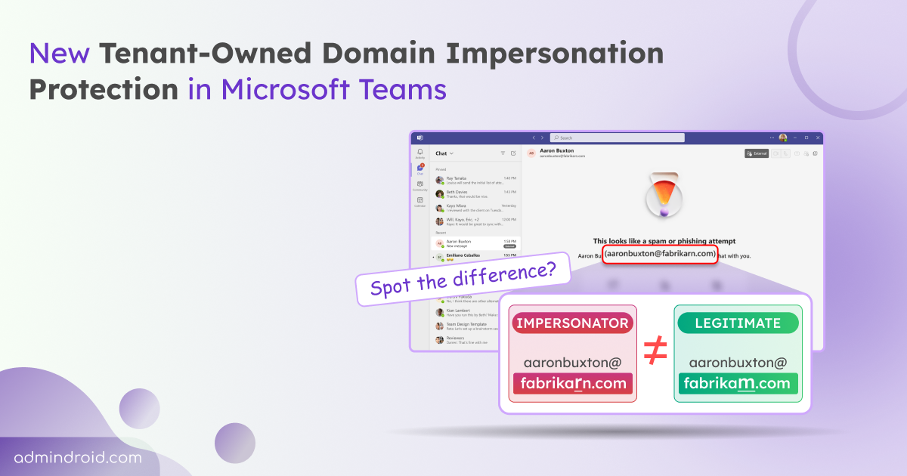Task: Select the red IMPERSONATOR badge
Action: coord(572,323)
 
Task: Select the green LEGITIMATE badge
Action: coord(738,323)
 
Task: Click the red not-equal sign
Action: coord(655,352)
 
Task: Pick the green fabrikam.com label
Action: coord(737,383)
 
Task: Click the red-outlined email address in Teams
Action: coord(660,254)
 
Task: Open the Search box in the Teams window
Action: coord(617,138)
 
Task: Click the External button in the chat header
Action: coord(757,153)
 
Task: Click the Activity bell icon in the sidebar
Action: coord(419,153)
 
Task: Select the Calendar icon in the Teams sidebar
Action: coord(419,201)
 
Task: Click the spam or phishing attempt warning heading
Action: coord(664,240)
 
